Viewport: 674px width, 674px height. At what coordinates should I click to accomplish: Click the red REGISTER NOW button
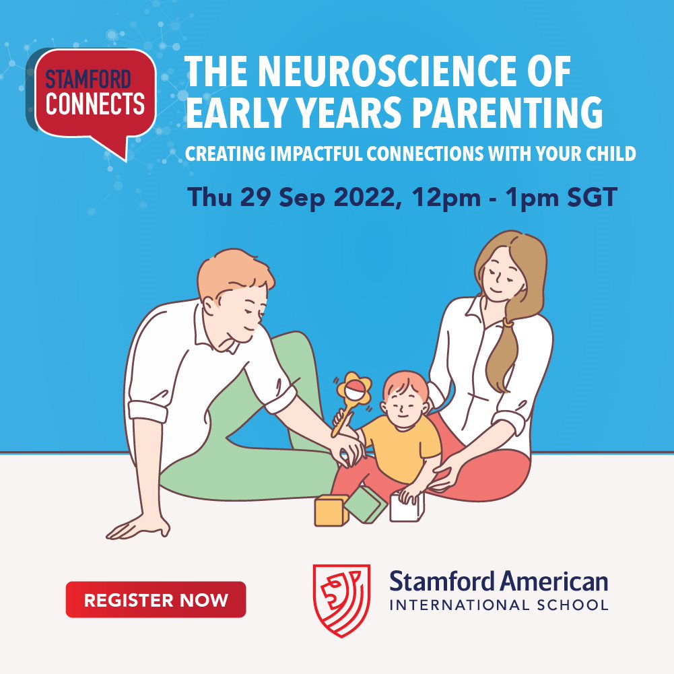[x=156, y=600]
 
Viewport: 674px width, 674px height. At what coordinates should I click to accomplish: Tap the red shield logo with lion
[x=342, y=601]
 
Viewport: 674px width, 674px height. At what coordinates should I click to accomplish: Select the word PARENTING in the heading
[x=508, y=112]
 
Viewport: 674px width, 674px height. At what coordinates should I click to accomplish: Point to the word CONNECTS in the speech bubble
[x=95, y=104]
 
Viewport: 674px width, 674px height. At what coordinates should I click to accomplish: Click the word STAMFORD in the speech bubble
[x=88, y=79]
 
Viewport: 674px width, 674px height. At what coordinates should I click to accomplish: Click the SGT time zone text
[x=592, y=197]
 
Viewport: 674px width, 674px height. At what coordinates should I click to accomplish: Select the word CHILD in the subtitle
[x=611, y=154]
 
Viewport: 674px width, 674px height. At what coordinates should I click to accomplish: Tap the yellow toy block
[x=331, y=510]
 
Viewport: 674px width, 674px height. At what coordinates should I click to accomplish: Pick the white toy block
[x=407, y=508]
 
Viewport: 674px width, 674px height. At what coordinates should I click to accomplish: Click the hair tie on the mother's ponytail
[x=508, y=322]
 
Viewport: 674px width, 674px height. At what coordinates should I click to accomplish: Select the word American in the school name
[x=554, y=582]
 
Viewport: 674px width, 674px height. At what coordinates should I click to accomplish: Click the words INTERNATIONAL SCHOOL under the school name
[x=499, y=605]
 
